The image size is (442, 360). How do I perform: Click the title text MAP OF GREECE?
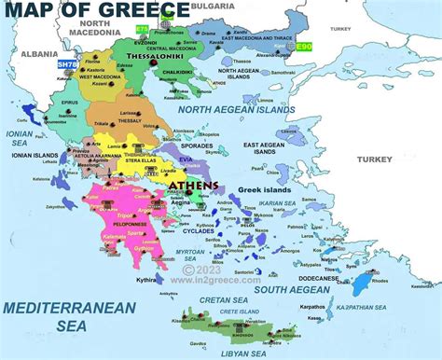(x=95, y=11)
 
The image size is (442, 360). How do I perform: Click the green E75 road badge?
(x=142, y=30)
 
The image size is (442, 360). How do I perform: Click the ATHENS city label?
(x=194, y=186)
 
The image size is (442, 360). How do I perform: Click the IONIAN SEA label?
(x=20, y=139)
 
